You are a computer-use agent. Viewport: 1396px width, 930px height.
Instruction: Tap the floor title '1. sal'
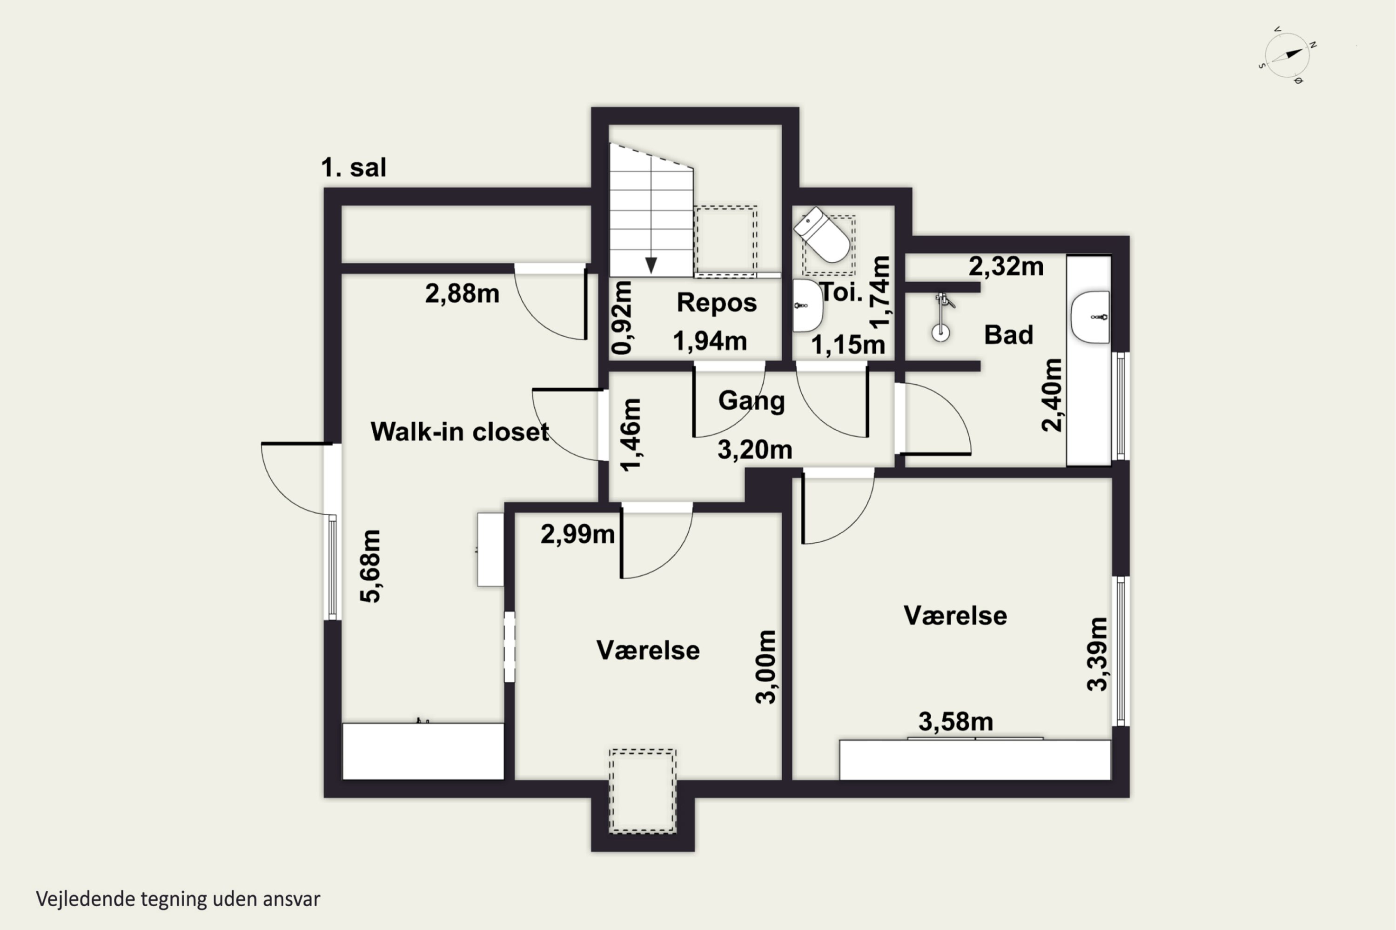click(x=354, y=167)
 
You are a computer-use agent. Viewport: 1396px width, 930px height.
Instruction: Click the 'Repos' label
click(x=717, y=303)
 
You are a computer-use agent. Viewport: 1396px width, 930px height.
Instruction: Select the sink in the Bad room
click(x=1090, y=317)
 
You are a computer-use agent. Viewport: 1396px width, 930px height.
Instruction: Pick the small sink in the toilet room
click(x=807, y=306)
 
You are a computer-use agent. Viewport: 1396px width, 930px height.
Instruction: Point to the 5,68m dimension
click(x=370, y=566)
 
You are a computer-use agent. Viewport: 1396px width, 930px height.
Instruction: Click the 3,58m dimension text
click(x=956, y=722)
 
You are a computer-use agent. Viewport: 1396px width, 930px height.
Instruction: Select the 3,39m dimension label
click(x=1097, y=654)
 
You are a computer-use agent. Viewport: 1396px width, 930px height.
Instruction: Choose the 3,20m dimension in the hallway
click(x=755, y=450)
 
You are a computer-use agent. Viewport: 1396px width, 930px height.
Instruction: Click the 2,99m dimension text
click(x=577, y=534)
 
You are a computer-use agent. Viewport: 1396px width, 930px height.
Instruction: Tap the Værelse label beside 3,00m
click(x=648, y=650)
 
